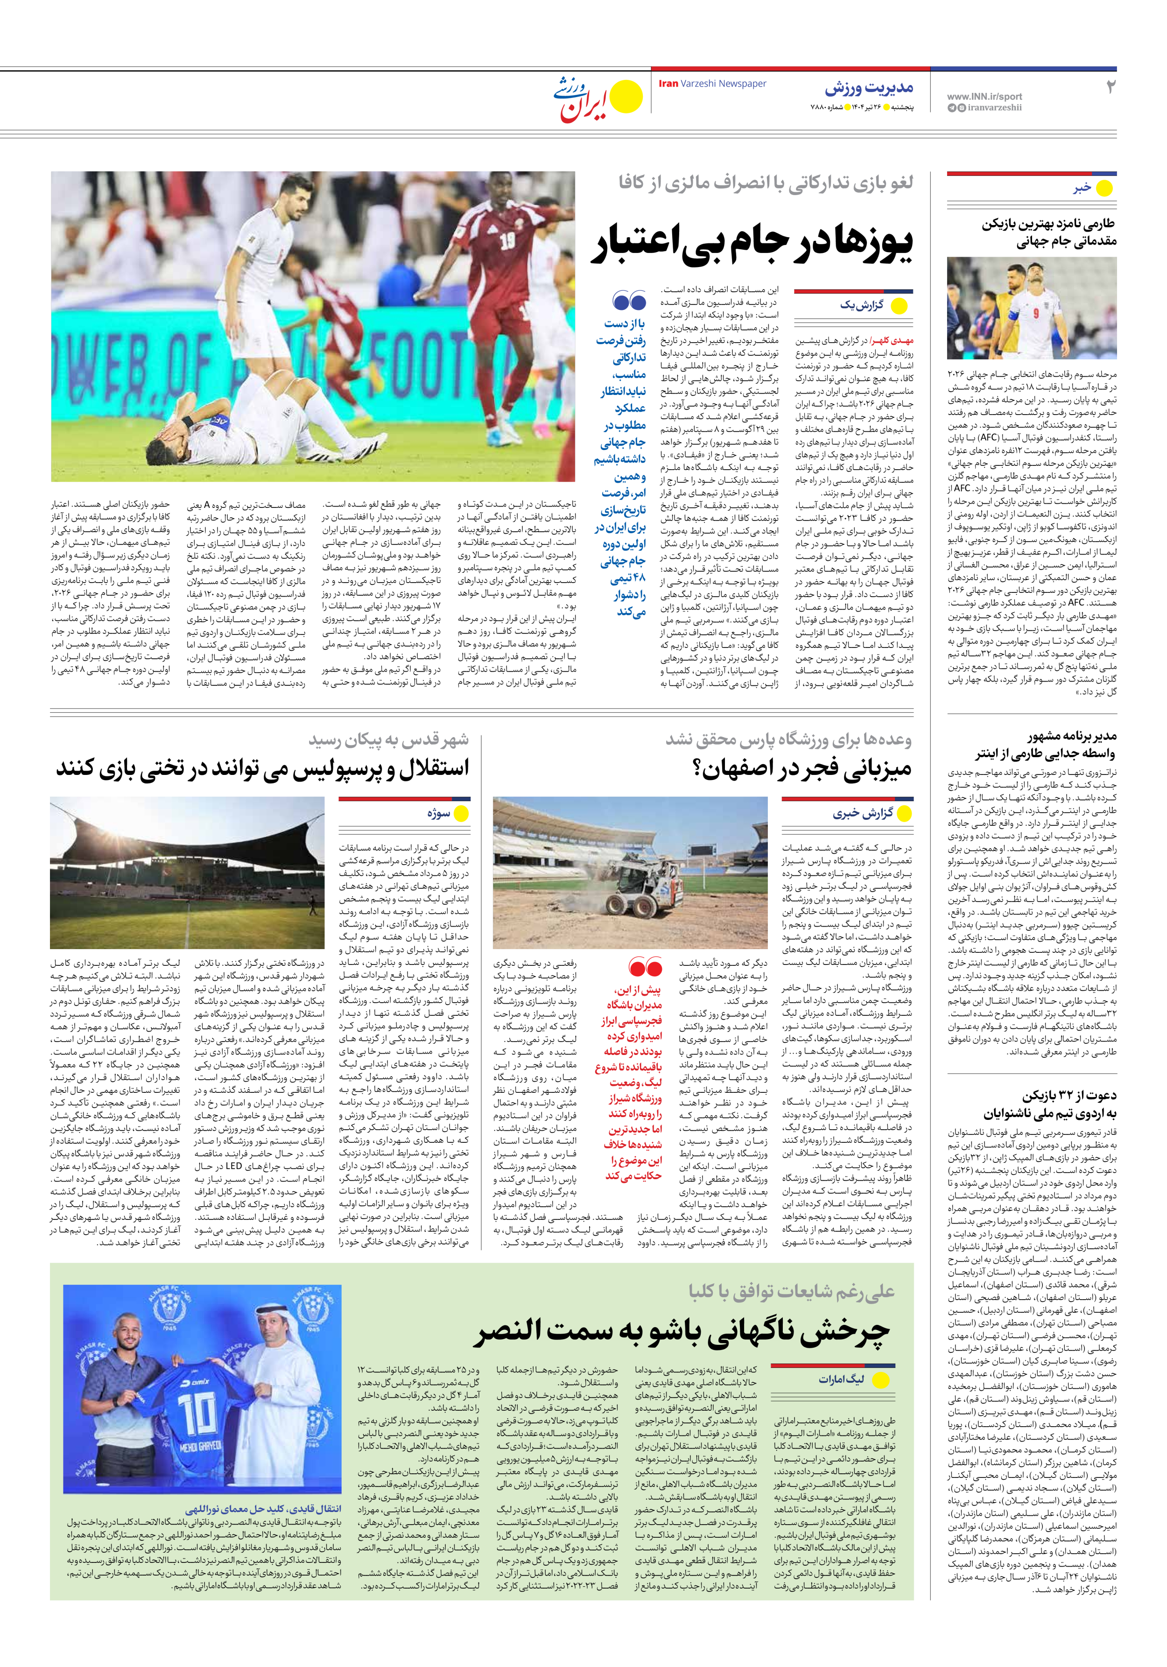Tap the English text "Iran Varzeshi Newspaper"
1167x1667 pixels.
pyautogui.click(x=712, y=84)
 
